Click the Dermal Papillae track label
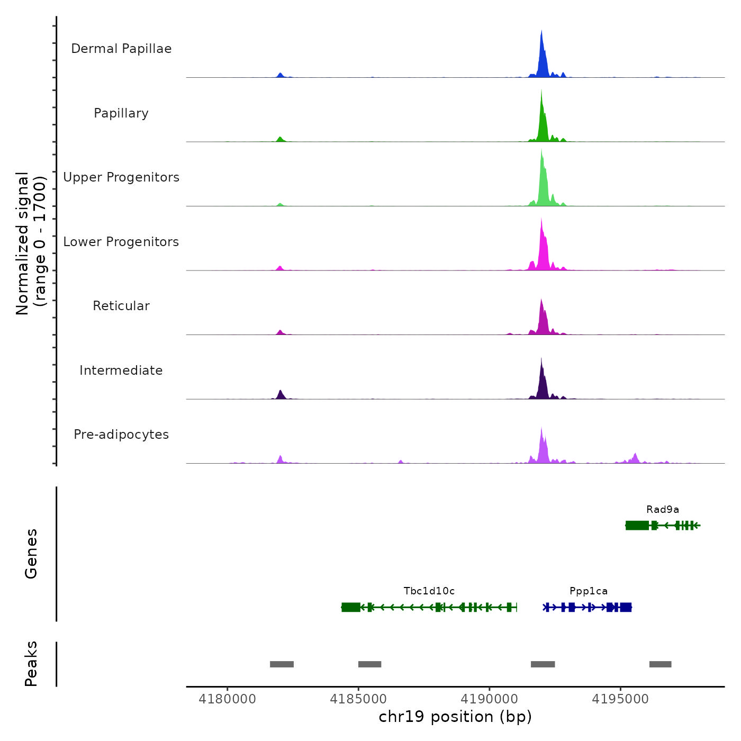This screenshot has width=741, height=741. coord(121,49)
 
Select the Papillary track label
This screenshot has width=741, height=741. coord(121,113)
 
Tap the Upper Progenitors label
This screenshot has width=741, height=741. coord(121,177)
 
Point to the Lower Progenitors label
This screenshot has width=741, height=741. coord(121,242)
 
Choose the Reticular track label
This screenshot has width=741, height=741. coord(121,306)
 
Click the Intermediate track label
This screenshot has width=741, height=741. coord(121,370)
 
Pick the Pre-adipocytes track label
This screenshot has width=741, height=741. coord(121,435)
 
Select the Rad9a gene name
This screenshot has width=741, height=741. coord(663,510)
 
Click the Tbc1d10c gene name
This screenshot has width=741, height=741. coord(429,591)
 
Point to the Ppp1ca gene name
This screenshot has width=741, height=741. coord(589,591)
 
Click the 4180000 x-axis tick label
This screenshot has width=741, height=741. coord(228,699)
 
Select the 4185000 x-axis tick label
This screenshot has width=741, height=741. coord(358,699)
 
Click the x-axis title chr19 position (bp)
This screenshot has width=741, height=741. coord(455,717)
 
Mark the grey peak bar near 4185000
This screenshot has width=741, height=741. coord(369,664)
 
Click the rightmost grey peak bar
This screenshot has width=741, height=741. coord(660,664)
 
